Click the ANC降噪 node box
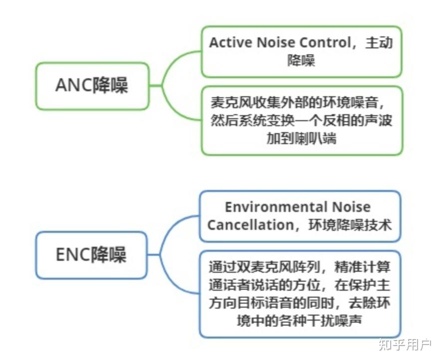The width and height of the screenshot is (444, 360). coord(92,86)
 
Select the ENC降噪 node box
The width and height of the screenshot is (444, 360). coord(91,255)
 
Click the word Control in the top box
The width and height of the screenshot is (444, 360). coord(330,43)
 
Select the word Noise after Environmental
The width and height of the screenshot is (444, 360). coord(348,207)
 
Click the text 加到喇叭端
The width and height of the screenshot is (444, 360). coord(301,139)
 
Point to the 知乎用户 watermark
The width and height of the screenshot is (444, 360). coord(405,344)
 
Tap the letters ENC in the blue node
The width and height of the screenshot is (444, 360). coord(72,255)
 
